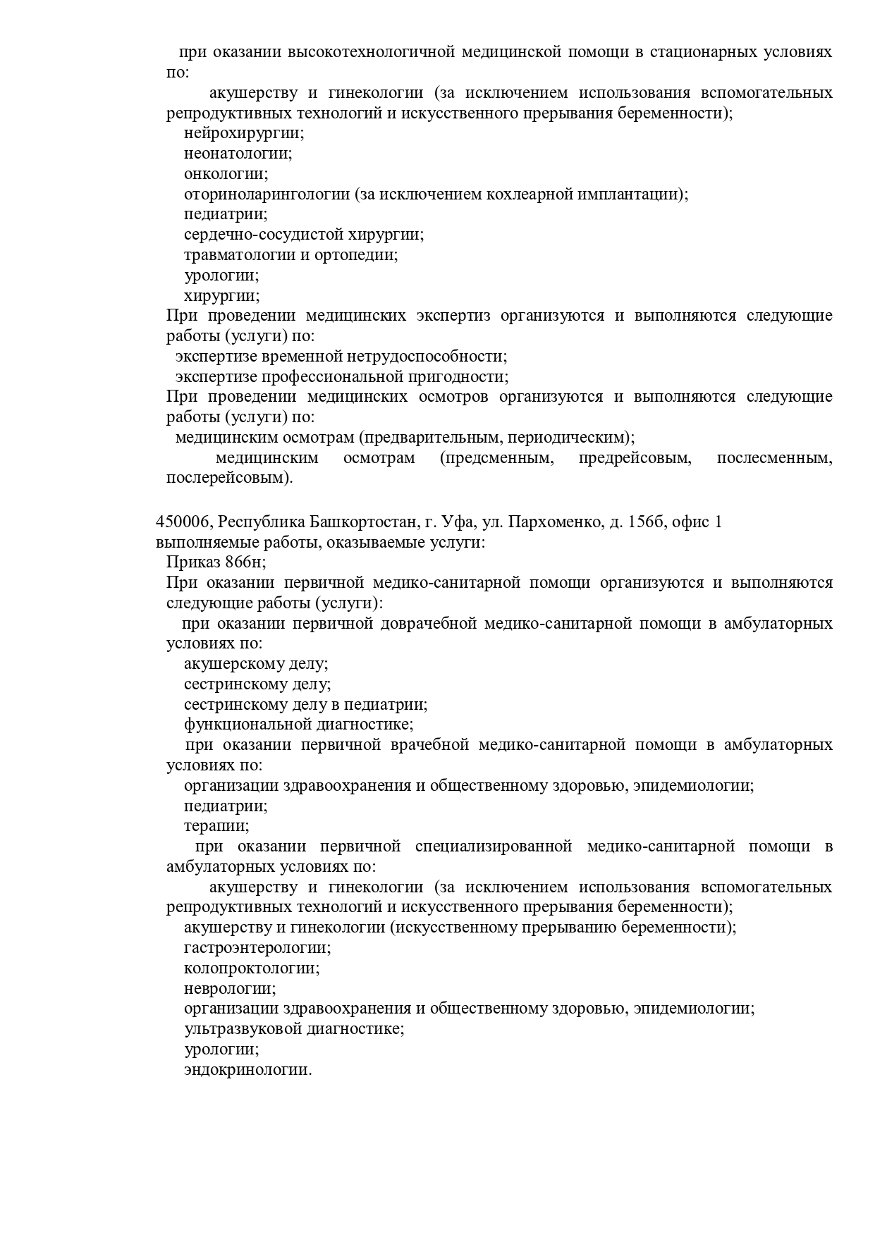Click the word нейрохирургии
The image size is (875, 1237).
tap(244, 133)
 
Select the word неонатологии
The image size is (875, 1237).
tap(238, 153)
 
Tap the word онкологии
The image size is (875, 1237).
tap(226, 173)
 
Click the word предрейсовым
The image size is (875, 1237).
tap(633, 458)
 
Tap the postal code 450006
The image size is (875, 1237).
tap(183, 522)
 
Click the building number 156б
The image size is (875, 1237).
tap(646, 522)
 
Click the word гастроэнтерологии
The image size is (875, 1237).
tap(257, 947)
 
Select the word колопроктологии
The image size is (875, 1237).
tap(252, 968)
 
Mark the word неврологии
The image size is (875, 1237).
tap(230, 988)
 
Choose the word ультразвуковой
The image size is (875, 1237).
tap(243, 1029)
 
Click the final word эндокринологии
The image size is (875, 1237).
tap(247, 1070)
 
